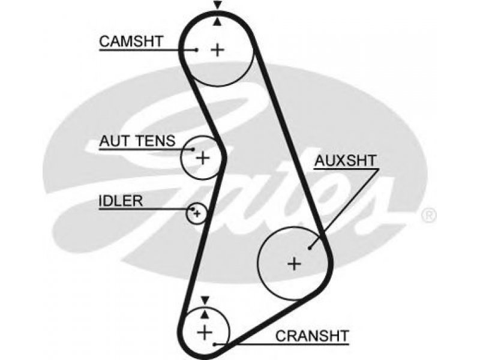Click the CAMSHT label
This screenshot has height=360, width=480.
[x=131, y=41]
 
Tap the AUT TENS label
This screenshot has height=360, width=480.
[x=137, y=141]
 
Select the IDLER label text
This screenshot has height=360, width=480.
[x=121, y=201]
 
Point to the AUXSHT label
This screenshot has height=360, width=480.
[x=346, y=160]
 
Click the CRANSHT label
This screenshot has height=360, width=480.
[x=312, y=336]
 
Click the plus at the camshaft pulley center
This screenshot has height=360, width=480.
[x=218, y=50]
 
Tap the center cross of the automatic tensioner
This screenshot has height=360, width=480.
[x=202, y=158]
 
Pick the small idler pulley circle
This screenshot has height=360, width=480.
[x=196, y=213]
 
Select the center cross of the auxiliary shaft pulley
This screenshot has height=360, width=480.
[x=295, y=263]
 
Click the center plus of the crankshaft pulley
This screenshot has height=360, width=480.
[x=205, y=332]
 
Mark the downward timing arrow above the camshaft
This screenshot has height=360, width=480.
[x=218, y=5]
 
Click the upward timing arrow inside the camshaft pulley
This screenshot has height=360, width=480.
[x=217, y=22]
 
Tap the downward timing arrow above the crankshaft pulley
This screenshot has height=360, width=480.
[x=205, y=300]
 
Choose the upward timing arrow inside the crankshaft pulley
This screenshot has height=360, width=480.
[x=205, y=314]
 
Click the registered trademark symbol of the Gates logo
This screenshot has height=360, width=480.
[x=429, y=215]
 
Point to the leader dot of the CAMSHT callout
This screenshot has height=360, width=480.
[x=197, y=50]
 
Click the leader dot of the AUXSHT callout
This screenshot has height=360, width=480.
[x=310, y=248]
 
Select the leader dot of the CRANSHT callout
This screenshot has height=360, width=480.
[x=215, y=344]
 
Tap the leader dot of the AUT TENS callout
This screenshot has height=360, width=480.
[x=193, y=149]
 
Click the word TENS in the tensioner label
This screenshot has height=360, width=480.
[x=156, y=141]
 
